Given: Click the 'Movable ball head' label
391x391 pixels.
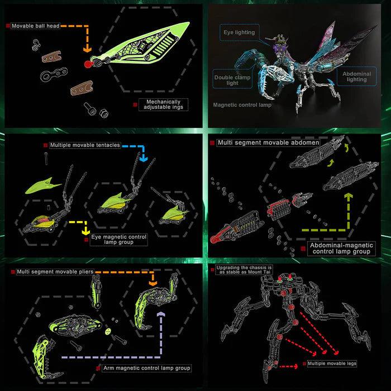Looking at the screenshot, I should (x=36, y=26).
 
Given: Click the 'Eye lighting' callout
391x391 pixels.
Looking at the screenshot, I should (x=239, y=32).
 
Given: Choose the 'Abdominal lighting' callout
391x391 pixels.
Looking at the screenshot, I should (x=355, y=77).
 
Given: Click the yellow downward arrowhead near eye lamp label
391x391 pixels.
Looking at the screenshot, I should (x=85, y=230).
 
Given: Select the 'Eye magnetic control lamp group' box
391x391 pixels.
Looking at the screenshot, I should (x=118, y=240).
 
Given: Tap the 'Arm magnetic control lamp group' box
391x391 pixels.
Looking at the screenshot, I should (x=146, y=368).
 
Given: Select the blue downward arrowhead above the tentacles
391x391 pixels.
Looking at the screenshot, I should (x=144, y=158).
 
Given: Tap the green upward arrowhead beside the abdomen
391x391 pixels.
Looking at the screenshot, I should (x=350, y=197).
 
